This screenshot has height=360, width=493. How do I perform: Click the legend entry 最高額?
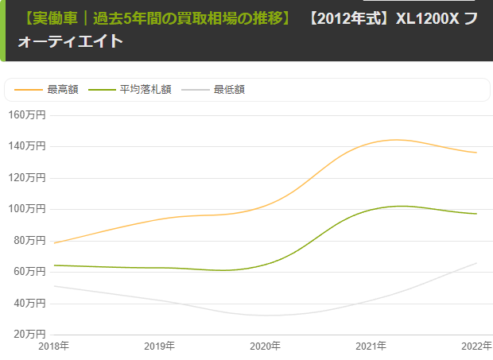(x=63, y=90)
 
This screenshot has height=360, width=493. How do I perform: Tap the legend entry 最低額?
(x=229, y=90)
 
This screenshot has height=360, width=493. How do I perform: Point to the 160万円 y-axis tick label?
(x=27, y=114)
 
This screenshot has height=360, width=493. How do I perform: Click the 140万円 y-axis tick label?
(x=27, y=146)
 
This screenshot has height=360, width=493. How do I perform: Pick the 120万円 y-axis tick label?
(x=27, y=177)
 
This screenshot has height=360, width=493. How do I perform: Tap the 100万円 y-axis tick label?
(x=27, y=209)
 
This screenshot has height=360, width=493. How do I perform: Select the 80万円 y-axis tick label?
(x=30, y=240)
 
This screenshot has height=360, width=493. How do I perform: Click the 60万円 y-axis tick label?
(x=30, y=272)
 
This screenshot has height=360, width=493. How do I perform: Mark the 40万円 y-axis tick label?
(x=30, y=303)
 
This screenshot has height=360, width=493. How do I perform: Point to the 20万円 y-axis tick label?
(x=30, y=335)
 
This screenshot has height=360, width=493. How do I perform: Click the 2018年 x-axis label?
(x=54, y=346)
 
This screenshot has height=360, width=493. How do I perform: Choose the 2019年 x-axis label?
(x=160, y=346)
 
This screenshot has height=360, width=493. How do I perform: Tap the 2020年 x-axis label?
(x=266, y=346)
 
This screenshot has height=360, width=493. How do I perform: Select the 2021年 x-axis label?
(x=371, y=346)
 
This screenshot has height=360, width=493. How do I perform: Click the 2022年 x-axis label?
(x=476, y=346)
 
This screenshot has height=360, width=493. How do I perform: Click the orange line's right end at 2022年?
(x=476, y=153)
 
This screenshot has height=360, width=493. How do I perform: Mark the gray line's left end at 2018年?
(x=54, y=286)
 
